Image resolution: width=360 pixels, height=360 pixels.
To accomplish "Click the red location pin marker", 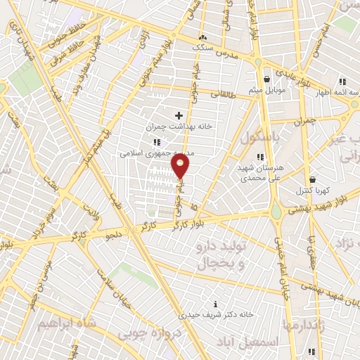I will click(x=181, y=166).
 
